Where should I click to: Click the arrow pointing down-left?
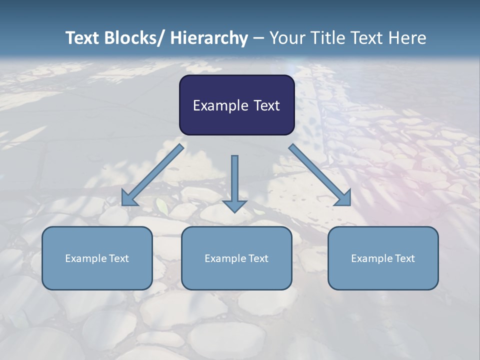[152, 175]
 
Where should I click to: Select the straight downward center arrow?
[234, 180]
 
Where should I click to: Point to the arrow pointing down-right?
[320, 175]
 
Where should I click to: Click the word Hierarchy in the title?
[209, 38]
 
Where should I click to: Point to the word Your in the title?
[286, 38]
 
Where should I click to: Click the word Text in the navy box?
[266, 105]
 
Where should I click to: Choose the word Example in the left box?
[86, 258]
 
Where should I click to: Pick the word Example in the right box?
[372, 258]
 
